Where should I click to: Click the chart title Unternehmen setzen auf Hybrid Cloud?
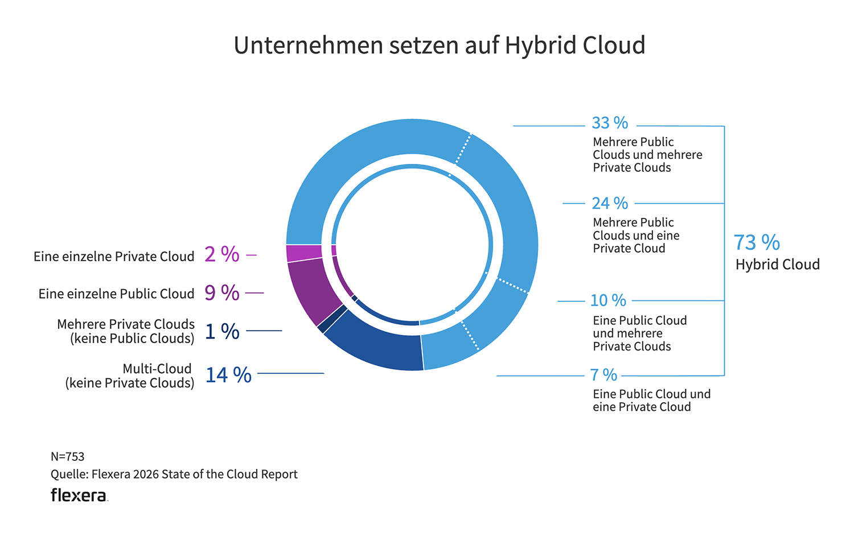[x=439, y=46]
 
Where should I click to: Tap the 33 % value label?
[x=610, y=123]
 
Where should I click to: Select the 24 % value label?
[x=610, y=203]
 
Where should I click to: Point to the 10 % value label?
[x=608, y=300]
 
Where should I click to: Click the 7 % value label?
[x=603, y=375]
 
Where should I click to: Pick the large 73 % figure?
[x=756, y=242]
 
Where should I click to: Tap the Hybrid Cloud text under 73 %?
[x=777, y=265]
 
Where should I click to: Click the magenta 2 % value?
[x=222, y=254]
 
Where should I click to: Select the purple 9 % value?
[x=222, y=292]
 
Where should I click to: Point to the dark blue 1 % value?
[x=222, y=331]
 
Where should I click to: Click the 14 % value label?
[x=228, y=375]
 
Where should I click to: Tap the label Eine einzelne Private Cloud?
[x=114, y=257]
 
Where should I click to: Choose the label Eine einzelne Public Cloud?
[x=116, y=294]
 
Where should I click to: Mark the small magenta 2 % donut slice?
[x=303, y=253]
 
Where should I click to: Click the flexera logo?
[x=79, y=495]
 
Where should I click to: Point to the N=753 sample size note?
[x=67, y=456]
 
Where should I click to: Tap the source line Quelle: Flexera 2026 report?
[x=174, y=474]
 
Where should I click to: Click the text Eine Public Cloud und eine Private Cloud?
[x=651, y=400]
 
